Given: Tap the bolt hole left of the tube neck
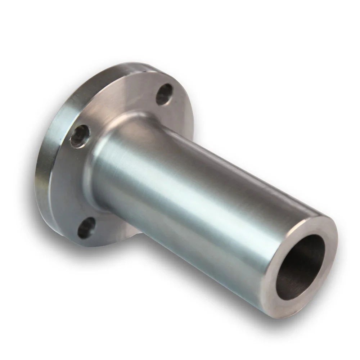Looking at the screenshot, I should pos(80,136).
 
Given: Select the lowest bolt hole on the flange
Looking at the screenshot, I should pos(86,228).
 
